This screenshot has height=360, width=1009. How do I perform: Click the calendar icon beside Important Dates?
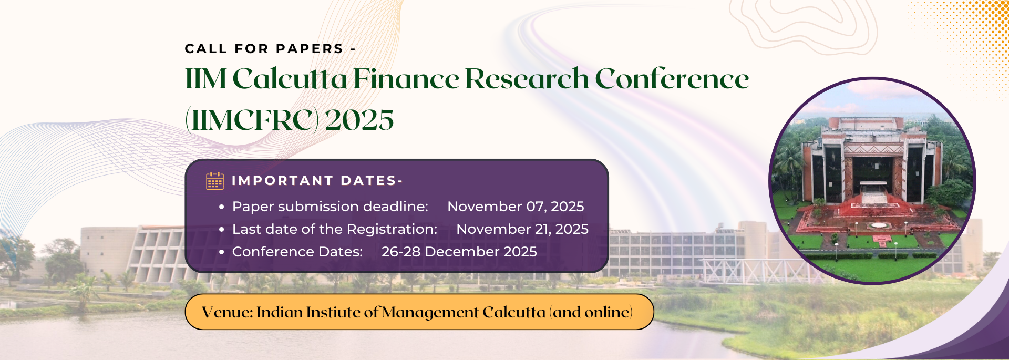tap(214, 181)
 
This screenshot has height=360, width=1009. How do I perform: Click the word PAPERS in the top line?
tap(310, 49)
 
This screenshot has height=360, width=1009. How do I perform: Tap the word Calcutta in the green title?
tap(290, 79)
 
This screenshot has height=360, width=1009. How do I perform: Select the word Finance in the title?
tap(406, 79)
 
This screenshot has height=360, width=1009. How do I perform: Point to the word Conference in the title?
tap(672, 79)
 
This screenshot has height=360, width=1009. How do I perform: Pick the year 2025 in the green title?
tap(359, 120)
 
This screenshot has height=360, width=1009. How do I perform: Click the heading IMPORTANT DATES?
tap(317, 181)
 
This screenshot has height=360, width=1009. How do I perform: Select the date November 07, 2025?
tap(516, 207)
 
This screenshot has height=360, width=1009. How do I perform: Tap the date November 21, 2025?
tap(522, 229)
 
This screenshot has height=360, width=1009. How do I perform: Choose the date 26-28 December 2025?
tap(459, 252)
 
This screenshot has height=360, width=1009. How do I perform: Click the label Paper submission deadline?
tap(330, 207)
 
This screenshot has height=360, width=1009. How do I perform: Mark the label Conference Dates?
tap(297, 252)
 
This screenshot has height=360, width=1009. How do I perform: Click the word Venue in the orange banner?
tap(228, 312)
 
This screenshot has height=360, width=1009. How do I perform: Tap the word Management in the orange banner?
tap(430, 313)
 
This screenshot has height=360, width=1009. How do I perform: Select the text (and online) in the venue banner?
tap(591, 312)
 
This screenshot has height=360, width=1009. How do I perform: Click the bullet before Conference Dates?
tap(222, 252)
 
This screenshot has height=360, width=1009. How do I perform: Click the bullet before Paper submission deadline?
tap(222, 207)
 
